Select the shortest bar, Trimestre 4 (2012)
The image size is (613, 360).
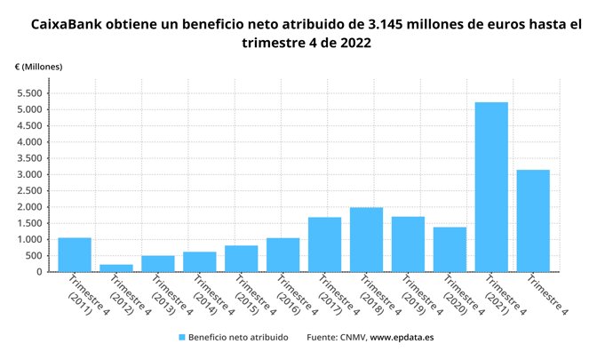click(116, 268)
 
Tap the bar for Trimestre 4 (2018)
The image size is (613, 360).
click(366, 239)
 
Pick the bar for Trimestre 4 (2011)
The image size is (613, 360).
click(75, 254)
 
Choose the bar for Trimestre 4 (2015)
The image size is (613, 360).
click(241, 259)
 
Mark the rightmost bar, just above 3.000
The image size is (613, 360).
click(533, 220)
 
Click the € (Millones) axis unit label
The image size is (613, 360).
click(38, 67)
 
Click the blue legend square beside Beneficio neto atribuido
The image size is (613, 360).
click(182, 338)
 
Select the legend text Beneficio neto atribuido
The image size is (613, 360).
click(237, 338)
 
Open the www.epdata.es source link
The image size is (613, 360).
click(402, 338)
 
